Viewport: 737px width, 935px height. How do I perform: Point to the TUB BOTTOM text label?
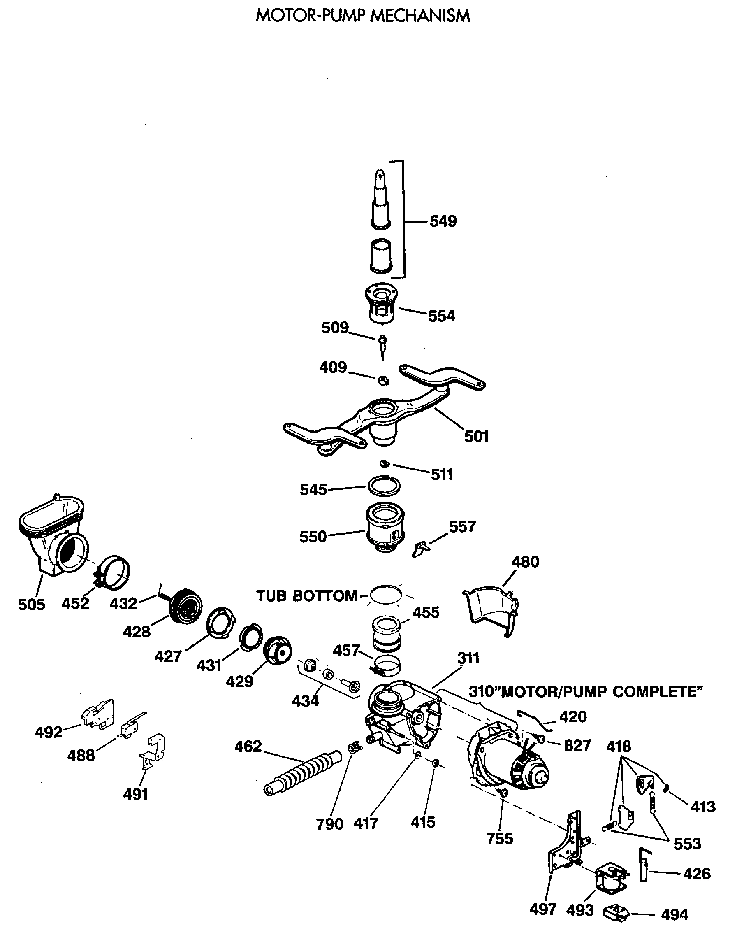[x=307, y=596]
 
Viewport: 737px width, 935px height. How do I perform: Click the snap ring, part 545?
[x=384, y=486]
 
